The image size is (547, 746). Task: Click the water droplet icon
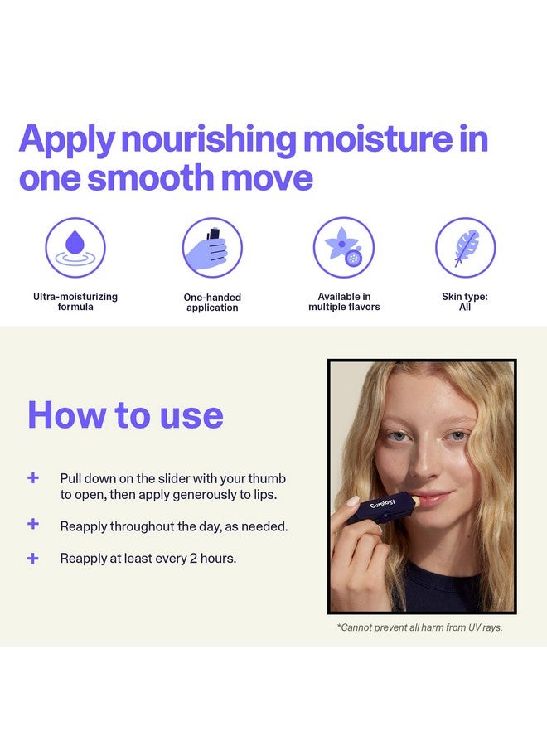click(x=75, y=247)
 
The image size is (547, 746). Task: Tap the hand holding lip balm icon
click(x=212, y=247)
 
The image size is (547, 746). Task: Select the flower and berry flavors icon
click(x=343, y=247)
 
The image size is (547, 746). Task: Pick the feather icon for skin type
click(x=465, y=247)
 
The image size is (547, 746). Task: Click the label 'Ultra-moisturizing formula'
click(x=75, y=302)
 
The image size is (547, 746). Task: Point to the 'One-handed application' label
click(x=212, y=303)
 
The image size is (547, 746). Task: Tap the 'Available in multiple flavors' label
click(x=344, y=302)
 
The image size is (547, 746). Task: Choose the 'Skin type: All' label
click(x=465, y=302)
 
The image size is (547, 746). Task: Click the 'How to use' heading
click(x=125, y=414)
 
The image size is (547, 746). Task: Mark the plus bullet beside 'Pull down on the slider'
click(x=33, y=478)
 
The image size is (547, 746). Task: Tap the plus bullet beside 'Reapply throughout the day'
click(x=33, y=525)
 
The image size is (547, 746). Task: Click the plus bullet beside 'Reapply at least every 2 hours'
click(x=33, y=558)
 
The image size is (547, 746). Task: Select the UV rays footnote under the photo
click(x=419, y=627)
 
